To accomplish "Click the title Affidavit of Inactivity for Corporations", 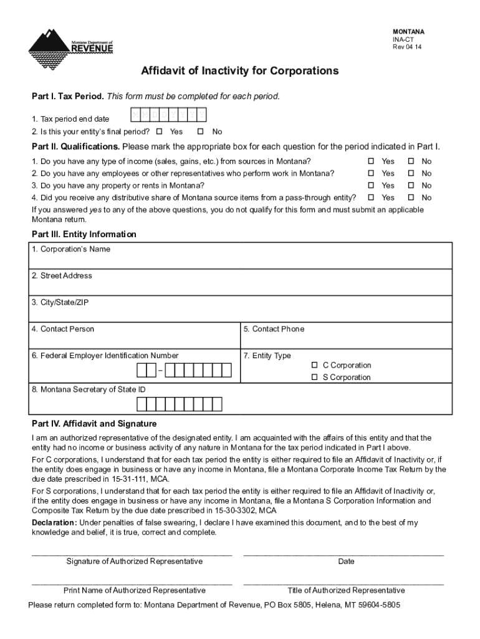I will click(x=240, y=71).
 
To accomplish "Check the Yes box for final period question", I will click(x=159, y=132).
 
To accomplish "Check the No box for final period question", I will click(x=201, y=132).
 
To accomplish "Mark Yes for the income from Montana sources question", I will click(x=370, y=162).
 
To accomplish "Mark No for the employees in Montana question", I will click(x=411, y=173).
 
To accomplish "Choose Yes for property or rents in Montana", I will click(x=370, y=185).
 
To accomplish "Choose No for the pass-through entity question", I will click(x=411, y=198).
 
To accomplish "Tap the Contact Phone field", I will click(x=346, y=340).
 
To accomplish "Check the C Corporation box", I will click(x=315, y=365).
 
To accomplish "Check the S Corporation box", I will click(x=315, y=378).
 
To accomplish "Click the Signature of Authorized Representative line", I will click(x=132, y=553).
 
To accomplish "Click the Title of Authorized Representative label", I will click(x=346, y=590).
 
